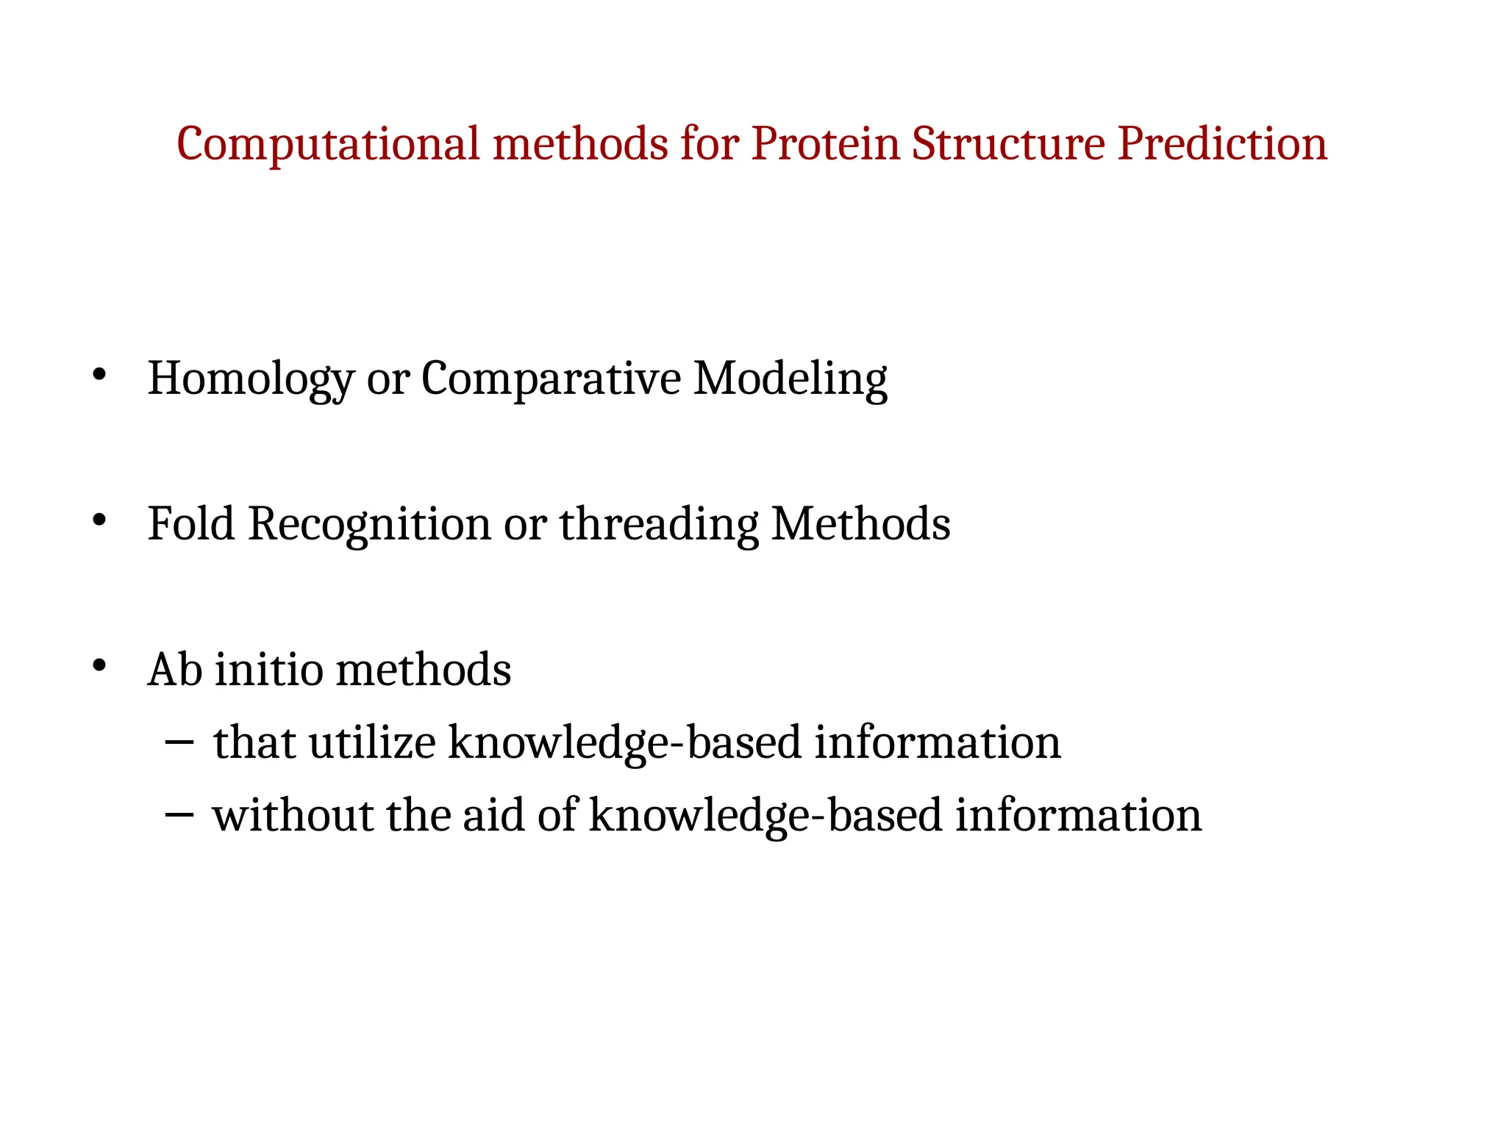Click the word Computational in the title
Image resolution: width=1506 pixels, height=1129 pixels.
327,144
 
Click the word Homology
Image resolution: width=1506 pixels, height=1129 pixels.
251,380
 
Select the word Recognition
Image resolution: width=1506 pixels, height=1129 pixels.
369,526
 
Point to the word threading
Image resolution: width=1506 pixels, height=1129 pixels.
658,526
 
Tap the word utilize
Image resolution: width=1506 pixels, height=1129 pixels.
372,742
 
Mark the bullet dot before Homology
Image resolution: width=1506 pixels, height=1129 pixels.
100,376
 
